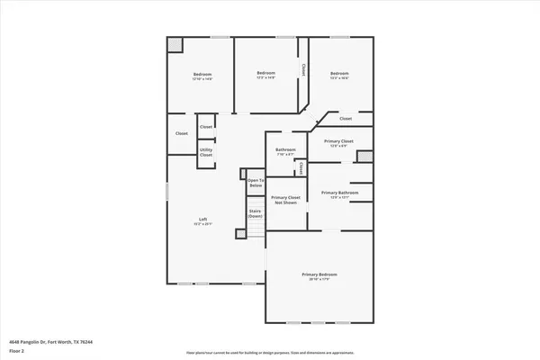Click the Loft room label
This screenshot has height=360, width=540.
[x=203, y=220]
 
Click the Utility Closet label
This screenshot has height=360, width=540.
[x=206, y=152]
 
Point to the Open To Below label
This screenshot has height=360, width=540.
[x=256, y=183]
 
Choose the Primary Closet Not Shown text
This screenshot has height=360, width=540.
[x=285, y=200]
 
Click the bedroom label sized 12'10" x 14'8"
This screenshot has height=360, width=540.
[x=202, y=74]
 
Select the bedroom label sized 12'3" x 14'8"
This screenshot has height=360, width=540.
[x=265, y=73]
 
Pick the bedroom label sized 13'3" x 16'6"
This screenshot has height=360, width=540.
[x=338, y=74]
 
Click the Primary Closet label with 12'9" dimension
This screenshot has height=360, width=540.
[x=338, y=141]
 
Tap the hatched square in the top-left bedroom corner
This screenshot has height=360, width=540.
[x=175, y=45]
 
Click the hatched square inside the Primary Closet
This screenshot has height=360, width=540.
[x=364, y=157]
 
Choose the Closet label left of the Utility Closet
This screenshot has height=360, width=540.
[x=181, y=133]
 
